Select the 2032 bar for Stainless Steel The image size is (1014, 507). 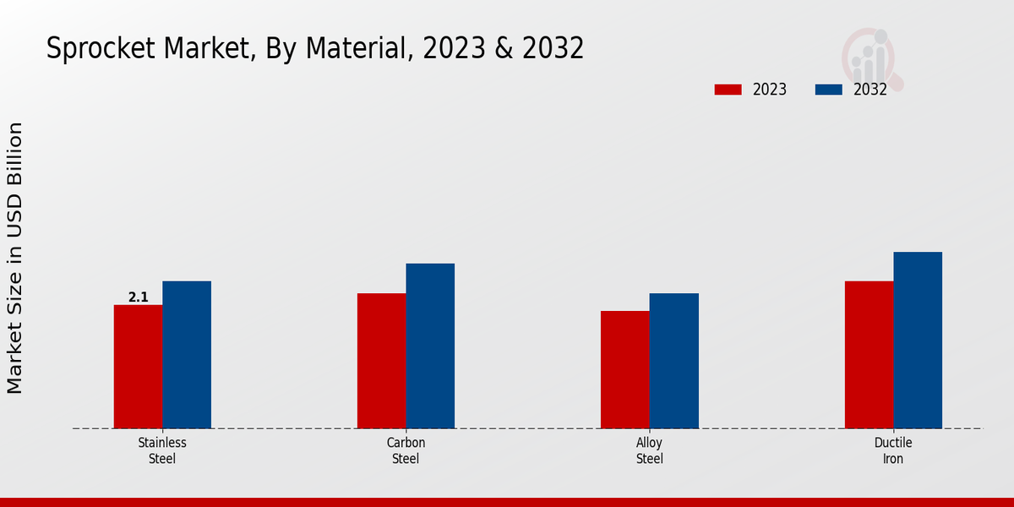click(x=187, y=354)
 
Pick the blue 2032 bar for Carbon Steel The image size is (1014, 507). click(x=430, y=346)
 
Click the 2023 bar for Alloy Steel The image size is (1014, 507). click(x=625, y=369)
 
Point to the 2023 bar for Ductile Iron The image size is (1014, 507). click(x=869, y=354)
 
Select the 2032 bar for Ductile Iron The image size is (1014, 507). click(x=918, y=340)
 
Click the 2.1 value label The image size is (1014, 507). click(x=138, y=297)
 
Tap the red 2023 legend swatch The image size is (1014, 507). click(x=728, y=90)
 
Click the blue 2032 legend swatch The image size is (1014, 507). click(x=829, y=90)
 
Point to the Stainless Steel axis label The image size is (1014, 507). click(x=162, y=450)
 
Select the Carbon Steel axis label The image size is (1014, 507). click(x=406, y=450)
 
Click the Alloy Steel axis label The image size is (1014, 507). click(x=649, y=450)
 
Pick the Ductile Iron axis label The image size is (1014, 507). click(x=893, y=450)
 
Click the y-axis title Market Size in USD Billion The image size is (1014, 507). click(x=15, y=258)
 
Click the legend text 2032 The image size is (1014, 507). click(x=870, y=90)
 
